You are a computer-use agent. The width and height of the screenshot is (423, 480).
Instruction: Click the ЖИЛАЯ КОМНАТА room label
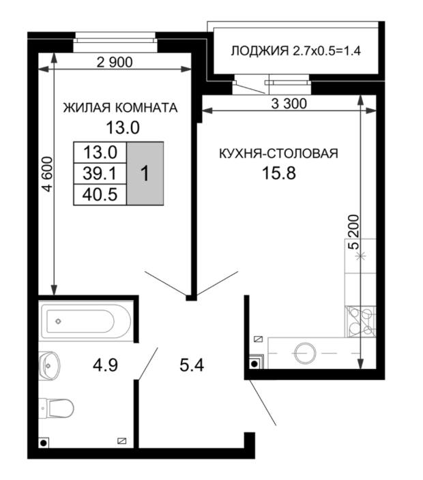[x=120, y=108]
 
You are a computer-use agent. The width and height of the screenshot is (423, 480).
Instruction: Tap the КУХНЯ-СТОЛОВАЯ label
[x=278, y=153]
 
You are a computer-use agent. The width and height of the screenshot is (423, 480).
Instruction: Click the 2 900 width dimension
[x=114, y=62]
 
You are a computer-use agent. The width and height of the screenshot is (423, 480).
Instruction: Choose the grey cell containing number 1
[x=145, y=173]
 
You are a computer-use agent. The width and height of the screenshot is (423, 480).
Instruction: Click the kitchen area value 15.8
[x=278, y=173]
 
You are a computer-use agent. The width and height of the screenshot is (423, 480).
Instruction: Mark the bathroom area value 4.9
[x=105, y=364]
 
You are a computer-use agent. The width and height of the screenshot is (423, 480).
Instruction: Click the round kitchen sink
[x=302, y=353]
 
